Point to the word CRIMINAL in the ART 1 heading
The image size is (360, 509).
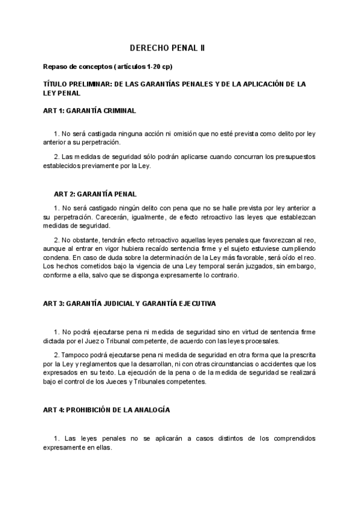[119, 111]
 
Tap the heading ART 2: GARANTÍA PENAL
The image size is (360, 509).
[95, 194]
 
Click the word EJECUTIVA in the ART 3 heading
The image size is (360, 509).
[194, 304]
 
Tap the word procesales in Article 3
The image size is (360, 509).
[261, 341]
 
